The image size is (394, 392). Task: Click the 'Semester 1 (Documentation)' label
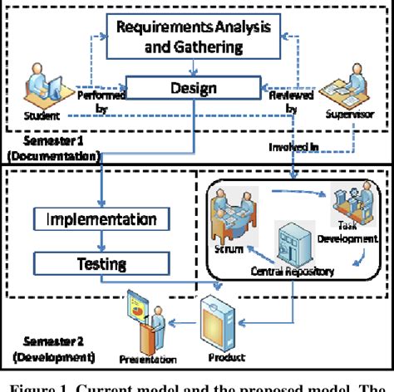coord(50,148)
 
